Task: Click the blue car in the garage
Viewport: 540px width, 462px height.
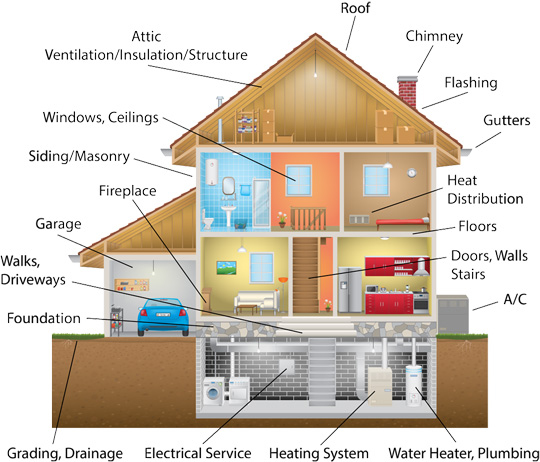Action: click(x=163, y=316)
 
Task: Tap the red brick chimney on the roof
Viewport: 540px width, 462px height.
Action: click(x=407, y=91)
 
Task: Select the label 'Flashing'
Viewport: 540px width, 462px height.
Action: click(x=471, y=83)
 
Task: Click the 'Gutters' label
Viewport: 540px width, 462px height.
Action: click(x=507, y=120)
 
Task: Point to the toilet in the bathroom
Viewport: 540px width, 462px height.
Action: click(x=207, y=219)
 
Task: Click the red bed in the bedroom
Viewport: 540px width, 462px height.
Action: click(x=403, y=223)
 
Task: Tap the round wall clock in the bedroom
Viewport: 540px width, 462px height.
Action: click(x=412, y=172)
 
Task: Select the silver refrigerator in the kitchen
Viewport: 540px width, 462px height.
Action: click(x=350, y=290)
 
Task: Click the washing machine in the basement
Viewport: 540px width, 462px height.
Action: click(x=214, y=391)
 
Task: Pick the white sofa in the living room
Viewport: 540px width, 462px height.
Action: click(x=257, y=300)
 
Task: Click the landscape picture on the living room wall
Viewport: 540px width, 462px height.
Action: click(x=226, y=268)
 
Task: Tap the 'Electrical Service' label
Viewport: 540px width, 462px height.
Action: click(x=198, y=453)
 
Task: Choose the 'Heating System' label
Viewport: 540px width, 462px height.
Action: click(x=319, y=453)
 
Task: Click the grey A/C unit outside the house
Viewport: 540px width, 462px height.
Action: click(x=453, y=314)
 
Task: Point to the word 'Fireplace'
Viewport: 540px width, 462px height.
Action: click(x=127, y=191)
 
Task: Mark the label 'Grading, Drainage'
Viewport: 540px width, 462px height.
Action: click(x=65, y=453)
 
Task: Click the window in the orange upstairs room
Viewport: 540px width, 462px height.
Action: click(x=299, y=180)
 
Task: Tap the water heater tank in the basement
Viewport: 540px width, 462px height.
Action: click(x=413, y=385)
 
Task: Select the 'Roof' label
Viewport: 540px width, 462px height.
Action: click(x=355, y=8)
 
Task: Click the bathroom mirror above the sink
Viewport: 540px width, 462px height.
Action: click(x=228, y=186)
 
